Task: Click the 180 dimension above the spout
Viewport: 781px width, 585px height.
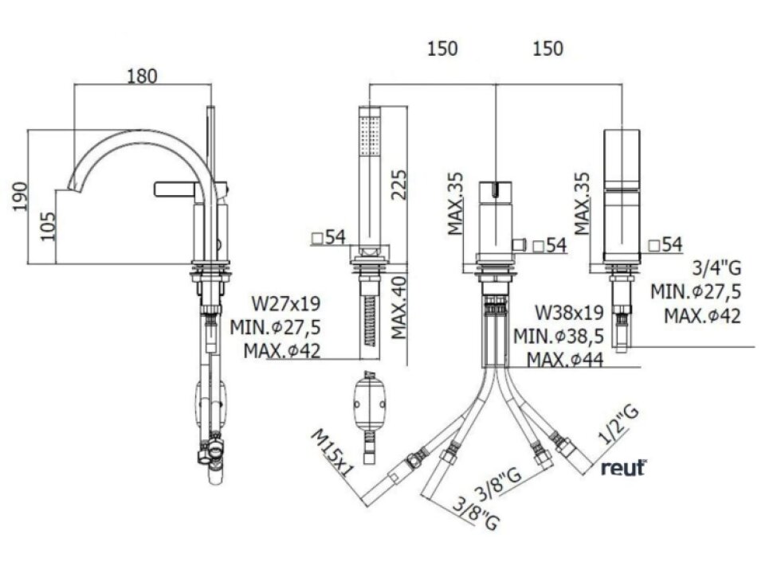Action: tap(142, 76)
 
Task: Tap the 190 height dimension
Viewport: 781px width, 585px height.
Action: tap(21, 196)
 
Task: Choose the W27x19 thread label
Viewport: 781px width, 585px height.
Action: tap(286, 304)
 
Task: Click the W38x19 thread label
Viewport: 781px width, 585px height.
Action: tap(569, 311)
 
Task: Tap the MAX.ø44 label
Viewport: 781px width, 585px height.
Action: tap(563, 360)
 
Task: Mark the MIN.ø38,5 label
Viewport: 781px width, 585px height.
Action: tap(559, 336)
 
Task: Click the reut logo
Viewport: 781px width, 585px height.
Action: tap(623, 468)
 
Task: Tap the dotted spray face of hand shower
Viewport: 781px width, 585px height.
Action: tap(370, 135)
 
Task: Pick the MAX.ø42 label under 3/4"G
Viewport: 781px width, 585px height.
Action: tap(702, 315)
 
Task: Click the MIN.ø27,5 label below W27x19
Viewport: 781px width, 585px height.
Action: tap(275, 327)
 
